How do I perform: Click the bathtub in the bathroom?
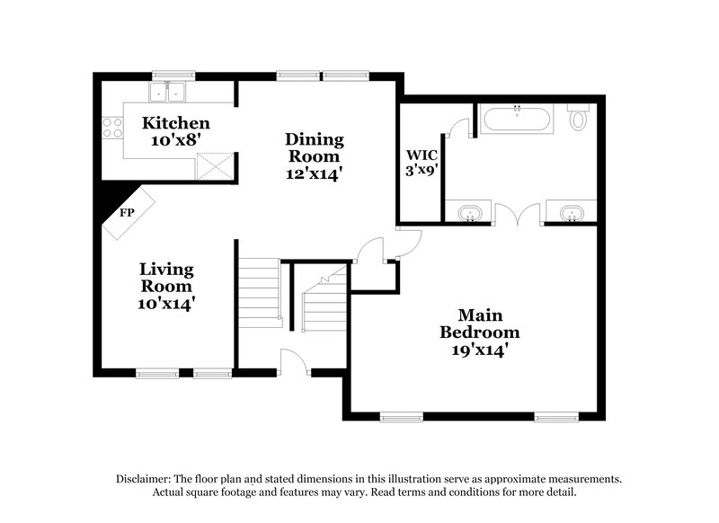517,119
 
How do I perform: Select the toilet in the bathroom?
580,117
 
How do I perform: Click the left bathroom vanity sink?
468,214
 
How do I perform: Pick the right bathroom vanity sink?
569,214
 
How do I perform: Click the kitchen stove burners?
112,128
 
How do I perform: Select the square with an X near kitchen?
214,164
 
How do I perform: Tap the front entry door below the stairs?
293,360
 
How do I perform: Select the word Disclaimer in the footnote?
146,479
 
